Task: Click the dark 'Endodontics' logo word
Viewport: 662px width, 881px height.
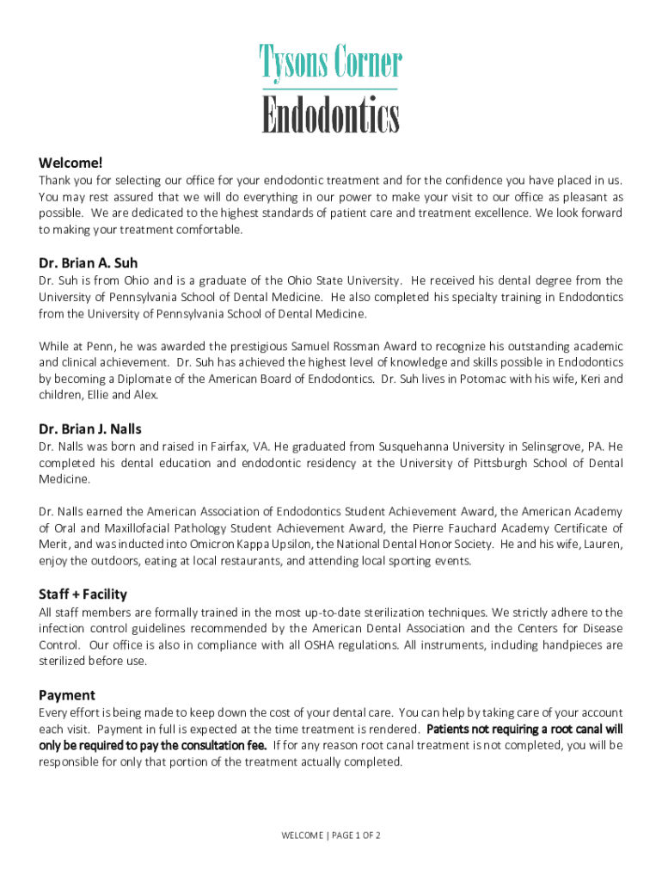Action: coord(331,117)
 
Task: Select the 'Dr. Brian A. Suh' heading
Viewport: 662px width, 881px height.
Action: coord(88,262)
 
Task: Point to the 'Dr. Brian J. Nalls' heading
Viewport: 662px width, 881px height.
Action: coord(90,428)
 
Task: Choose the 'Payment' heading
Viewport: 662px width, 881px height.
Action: coord(67,695)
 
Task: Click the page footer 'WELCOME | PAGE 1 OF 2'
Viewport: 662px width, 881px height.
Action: coord(331,835)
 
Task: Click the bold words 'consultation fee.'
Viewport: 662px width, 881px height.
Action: coord(223,746)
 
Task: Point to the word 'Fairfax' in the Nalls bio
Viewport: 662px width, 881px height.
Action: coord(228,447)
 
